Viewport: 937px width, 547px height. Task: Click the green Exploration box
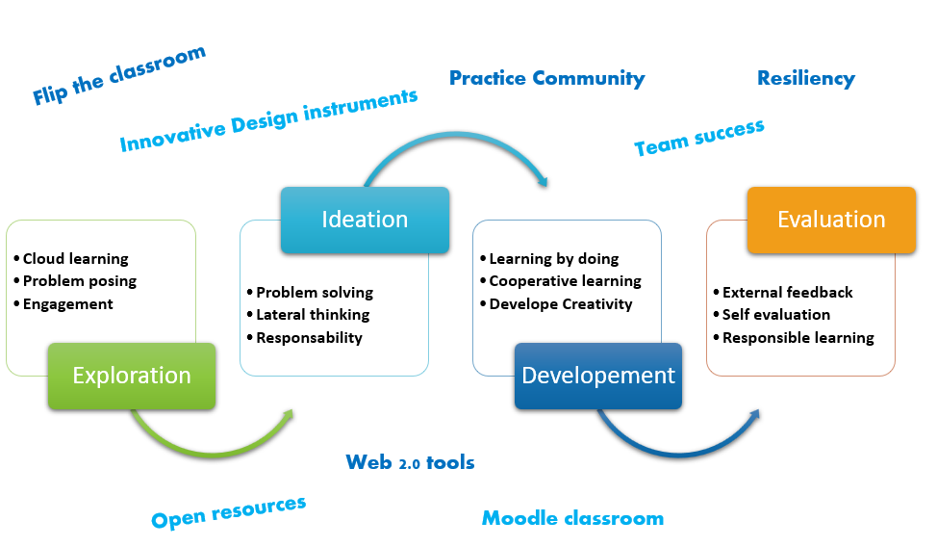pos(132,376)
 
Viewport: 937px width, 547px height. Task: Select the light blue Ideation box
pos(365,220)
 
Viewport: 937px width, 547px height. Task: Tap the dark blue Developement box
pos(598,376)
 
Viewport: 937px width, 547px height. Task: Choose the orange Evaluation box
pos(831,220)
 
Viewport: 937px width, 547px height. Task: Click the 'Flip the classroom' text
pos(118,75)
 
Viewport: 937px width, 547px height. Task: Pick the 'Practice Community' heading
pos(546,79)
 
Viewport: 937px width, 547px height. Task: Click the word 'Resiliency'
pos(805,79)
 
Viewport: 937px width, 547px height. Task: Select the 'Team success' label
pos(699,138)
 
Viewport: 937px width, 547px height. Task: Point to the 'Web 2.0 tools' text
pos(411,463)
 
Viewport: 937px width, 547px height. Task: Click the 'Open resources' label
pos(228,511)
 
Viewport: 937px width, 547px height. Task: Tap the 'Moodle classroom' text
pos(572,519)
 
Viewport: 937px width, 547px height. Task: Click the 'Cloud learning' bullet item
pos(75,259)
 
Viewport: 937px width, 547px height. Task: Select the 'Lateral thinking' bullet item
pos(312,315)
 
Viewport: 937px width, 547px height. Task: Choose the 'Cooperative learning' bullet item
pos(565,281)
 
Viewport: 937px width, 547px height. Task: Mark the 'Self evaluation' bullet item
pos(775,315)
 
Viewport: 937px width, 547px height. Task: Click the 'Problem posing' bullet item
pos(79,281)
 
